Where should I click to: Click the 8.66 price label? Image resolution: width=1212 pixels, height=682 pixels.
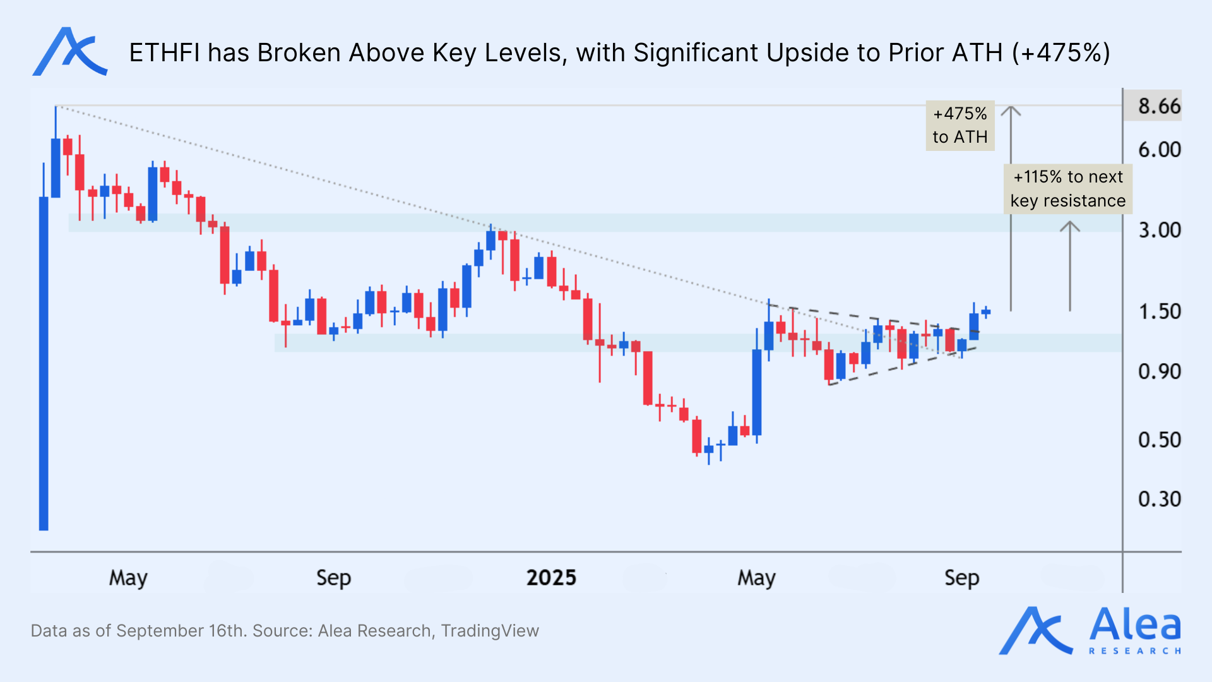pos(1158,106)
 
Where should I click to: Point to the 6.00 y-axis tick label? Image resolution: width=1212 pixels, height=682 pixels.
pos(1159,150)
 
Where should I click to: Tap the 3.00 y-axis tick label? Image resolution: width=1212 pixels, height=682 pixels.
pos(1159,230)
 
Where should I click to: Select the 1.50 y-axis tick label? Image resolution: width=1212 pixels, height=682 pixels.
pos(1159,311)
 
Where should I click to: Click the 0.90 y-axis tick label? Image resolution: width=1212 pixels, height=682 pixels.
pos(1159,371)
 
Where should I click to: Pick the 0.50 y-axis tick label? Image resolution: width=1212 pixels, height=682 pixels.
pos(1159,440)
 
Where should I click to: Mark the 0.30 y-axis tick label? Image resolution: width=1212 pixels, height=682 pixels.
pos(1159,499)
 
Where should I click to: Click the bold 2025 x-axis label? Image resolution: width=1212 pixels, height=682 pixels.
pos(551,578)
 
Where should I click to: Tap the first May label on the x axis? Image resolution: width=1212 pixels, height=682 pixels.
pos(128,578)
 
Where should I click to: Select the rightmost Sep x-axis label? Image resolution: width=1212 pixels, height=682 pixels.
pos(961,578)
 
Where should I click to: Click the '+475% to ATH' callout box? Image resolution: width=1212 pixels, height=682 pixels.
pos(959,126)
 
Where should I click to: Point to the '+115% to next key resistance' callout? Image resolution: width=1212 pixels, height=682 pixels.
pos(1067,189)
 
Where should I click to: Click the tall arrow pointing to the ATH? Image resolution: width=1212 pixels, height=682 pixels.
pos(1011,208)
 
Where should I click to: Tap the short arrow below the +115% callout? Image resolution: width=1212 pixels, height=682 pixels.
pos(1069,265)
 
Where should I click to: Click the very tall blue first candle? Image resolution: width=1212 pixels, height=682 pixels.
pos(44,363)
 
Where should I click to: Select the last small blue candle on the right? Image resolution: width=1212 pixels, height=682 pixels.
pos(986,311)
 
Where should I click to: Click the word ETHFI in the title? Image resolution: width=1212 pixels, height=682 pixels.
pos(164,53)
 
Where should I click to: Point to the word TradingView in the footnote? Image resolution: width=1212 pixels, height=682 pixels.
pos(490,631)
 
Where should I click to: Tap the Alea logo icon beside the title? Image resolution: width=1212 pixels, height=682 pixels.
pos(69,52)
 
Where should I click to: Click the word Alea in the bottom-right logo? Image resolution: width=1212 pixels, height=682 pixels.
pos(1134,625)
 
